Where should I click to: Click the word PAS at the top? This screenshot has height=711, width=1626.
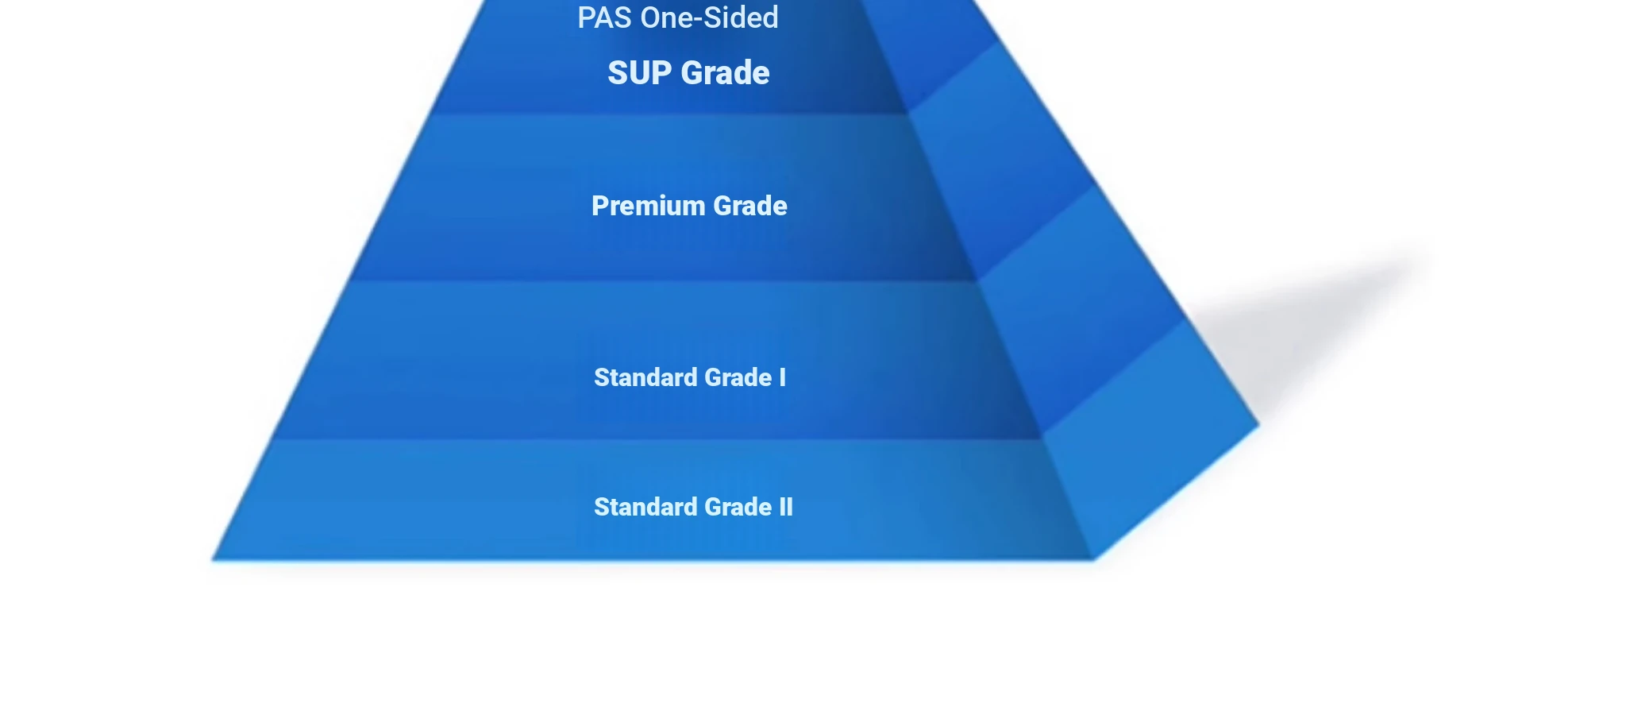[x=605, y=17]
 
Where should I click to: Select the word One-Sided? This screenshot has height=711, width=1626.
[x=710, y=17]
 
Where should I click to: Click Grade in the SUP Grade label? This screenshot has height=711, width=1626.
[x=726, y=73]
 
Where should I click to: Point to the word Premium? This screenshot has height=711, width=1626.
[x=649, y=206]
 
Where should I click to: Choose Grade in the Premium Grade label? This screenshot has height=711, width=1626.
[x=750, y=206]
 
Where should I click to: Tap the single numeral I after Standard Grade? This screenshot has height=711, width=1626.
[x=783, y=377]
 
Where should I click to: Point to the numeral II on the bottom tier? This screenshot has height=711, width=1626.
[x=786, y=507]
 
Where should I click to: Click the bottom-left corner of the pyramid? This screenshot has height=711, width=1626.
[x=212, y=560]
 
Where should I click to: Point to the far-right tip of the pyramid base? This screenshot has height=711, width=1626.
[x=1260, y=425]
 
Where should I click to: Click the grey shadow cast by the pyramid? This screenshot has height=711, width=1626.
[x=1302, y=318]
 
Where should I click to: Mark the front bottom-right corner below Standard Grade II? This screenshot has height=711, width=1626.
[x=1094, y=560]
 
